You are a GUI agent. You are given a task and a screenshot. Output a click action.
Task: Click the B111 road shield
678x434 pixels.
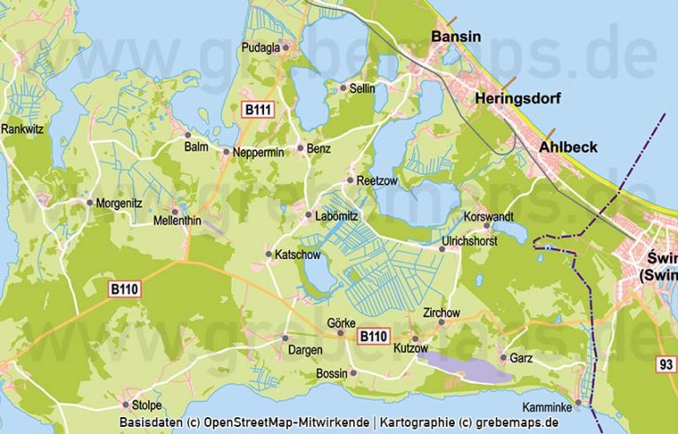pyautogui.click(x=259, y=110)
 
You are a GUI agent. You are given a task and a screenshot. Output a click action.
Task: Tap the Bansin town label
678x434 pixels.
pyautogui.click(x=456, y=36)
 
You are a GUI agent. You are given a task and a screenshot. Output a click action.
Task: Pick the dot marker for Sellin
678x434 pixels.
pyautogui.click(x=343, y=88)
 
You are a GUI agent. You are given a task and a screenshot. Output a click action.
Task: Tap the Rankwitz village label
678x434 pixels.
pyautogui.click(x=23, y=128)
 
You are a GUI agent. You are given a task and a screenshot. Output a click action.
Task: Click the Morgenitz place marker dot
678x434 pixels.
pyautogui.click(x=89, y=202)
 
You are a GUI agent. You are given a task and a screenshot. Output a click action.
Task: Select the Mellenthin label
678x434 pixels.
pyautogui.click(x=177, y=221)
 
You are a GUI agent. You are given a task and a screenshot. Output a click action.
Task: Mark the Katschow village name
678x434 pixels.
pyautogui.click(x=299, y=255)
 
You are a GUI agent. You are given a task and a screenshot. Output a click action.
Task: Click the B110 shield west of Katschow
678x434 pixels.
pyautogui.click(x=125, y=288)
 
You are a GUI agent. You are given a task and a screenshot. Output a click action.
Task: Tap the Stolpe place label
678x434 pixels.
pyautogui.click(x=146, y=406)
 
